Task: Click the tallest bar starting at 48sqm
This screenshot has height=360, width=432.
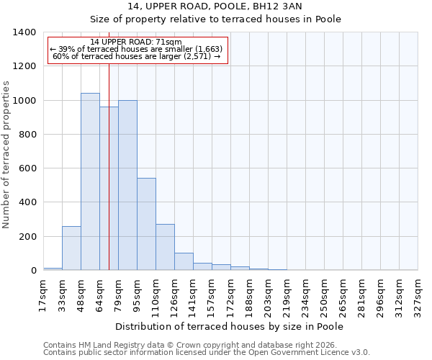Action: (x=90, y=181)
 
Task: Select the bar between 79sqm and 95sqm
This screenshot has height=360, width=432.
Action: (x=127, y=185)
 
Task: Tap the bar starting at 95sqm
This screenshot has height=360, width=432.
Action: (x=146, y=224)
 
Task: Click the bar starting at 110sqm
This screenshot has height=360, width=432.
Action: (x=165, y=247)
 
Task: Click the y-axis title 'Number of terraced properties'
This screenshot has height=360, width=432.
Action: (x=7, y=155)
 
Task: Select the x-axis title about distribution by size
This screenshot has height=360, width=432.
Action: (x=229, y=326)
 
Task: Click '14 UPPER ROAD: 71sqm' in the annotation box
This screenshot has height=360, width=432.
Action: (x=136, y=42)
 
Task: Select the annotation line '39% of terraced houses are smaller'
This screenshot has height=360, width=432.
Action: (x=136, y=49)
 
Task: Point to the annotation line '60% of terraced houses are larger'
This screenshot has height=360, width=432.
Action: (x=136, y=56)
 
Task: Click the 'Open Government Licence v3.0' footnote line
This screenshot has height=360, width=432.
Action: (x=207, y=352)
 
